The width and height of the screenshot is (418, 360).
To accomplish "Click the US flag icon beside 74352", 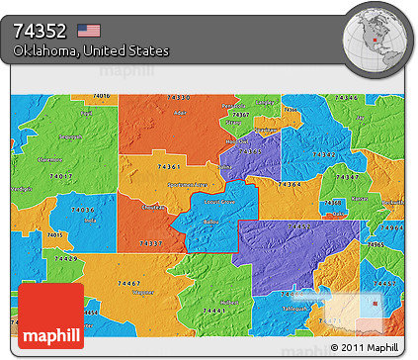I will [89, 30].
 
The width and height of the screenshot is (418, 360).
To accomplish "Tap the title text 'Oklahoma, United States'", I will [91, 50].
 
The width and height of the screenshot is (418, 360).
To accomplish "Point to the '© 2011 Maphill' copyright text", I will [366, 348].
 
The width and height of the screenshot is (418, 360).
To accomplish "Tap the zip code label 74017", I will [60, 176].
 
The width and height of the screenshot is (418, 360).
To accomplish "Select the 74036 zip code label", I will [83, 210].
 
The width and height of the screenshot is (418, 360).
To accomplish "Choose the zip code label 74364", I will [290, 184].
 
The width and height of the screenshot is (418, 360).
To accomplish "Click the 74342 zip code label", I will [323, 155].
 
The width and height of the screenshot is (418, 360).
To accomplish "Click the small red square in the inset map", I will [376, 304].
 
